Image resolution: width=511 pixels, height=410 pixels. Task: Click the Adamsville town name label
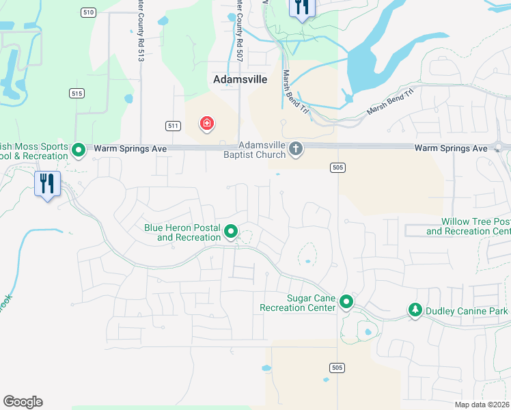[240, 79]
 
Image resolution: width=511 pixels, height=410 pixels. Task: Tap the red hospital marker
[206, 124]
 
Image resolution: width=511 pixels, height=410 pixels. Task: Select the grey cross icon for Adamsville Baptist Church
[296, 148]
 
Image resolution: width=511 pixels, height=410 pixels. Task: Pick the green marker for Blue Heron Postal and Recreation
[231, 232]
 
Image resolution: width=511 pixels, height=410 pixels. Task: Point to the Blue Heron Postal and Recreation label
[182, 232]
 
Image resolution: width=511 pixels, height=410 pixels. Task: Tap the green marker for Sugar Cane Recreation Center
[346, 301]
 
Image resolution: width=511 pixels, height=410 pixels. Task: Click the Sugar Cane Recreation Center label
[298, 303]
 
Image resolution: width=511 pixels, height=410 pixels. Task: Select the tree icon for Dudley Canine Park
[415, 310]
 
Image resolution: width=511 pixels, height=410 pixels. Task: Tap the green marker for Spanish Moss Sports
[79, 149]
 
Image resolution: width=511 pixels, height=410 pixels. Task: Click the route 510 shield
[87, 12]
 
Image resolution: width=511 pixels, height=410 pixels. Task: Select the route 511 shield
[173, 126]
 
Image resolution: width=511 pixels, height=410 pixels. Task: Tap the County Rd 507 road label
[239, 31]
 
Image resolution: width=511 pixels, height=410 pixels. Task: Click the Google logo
[23, 402]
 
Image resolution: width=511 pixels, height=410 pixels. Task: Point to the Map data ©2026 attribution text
[481, 405]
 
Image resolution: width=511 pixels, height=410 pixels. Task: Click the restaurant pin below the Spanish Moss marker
[47, 184]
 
